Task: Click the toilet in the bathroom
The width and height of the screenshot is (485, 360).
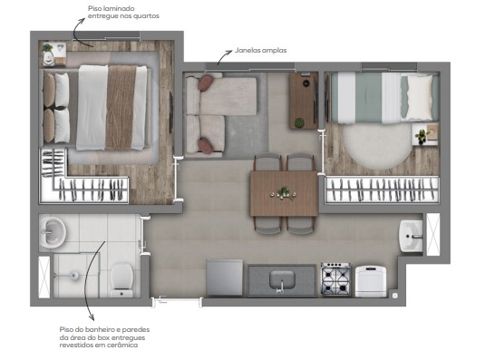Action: [122, 279]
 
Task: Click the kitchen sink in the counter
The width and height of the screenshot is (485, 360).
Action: [283, 279]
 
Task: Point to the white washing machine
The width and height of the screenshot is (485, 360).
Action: [371, 280]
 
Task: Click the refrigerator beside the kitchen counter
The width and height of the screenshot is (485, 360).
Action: [224, 277]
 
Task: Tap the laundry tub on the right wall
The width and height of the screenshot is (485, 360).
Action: [412, 237]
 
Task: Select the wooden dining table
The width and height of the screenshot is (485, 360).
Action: [284, 192]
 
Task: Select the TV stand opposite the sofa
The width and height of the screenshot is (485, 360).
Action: [302, 100]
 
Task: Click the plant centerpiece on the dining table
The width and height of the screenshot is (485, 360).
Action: [284, 191]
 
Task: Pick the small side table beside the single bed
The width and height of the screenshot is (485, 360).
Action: [421, 137]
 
